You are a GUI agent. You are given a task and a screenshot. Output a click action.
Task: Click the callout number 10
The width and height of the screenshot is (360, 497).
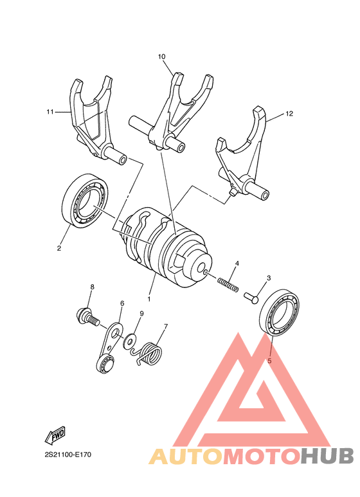tap(162, 57)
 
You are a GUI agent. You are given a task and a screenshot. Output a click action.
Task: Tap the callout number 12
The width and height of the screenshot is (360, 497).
tap(289, 114)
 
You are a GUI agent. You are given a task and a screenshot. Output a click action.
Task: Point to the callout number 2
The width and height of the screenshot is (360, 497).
tap(59, 248)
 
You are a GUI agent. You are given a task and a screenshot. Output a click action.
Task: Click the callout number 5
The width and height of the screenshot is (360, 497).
tap(269, 361)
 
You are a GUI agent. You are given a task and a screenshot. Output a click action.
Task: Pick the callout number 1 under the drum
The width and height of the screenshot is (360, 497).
tap(149, 300)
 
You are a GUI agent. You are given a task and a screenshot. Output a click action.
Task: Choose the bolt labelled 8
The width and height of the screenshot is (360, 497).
tap(86, 316)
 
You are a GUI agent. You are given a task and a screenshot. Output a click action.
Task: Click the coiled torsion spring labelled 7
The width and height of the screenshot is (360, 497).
tap(152, 352)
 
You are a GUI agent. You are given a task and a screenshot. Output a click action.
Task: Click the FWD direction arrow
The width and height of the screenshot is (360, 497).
tap(54, 437)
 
